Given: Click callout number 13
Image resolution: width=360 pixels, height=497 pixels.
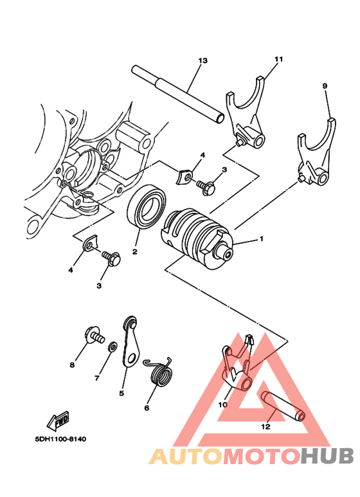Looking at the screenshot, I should [x=203, y=60].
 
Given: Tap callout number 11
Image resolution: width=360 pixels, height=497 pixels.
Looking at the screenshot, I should [x=278, y=59].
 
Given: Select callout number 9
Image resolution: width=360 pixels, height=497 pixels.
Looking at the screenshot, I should [x=325, y=86].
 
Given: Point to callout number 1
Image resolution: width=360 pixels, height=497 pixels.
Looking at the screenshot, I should [x=262, y=239].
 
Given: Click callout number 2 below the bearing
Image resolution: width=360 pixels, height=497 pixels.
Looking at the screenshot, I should [x=135, y=253].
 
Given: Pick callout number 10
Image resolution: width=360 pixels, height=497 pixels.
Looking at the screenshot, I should [x=222, y=405].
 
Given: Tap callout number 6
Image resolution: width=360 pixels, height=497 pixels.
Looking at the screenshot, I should [x=146, y=408].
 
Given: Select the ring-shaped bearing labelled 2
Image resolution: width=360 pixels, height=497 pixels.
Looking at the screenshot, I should [x=147, y=207].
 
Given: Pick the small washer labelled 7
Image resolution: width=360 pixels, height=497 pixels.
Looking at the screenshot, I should [x=113, y=347].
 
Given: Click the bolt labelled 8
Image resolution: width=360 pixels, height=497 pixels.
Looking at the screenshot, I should [x=93, y=336].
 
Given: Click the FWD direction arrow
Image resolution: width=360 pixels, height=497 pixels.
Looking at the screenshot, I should [x=59, y=421].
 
